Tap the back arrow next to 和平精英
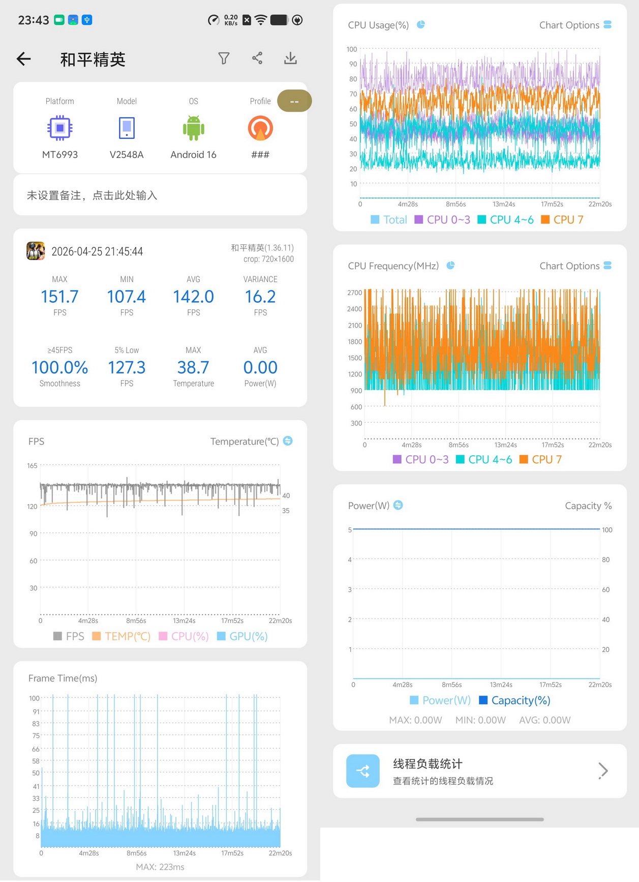[24, 59]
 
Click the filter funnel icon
[224, 58]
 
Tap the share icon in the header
[257, 58]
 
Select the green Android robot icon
[193, 128]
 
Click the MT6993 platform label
[60, 154]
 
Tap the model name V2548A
[127, 154]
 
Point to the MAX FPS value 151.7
[59, 296]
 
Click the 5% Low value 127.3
[127, 367]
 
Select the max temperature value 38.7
[193, 367]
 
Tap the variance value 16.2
[260, 296]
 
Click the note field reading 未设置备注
[92, 195]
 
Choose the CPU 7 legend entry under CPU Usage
[562, 219]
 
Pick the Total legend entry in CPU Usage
[389, 219]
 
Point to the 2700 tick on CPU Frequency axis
[355, 293]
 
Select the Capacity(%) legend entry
[514, 700]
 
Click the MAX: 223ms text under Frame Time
[160, 867]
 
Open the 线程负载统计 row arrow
[603, 771]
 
